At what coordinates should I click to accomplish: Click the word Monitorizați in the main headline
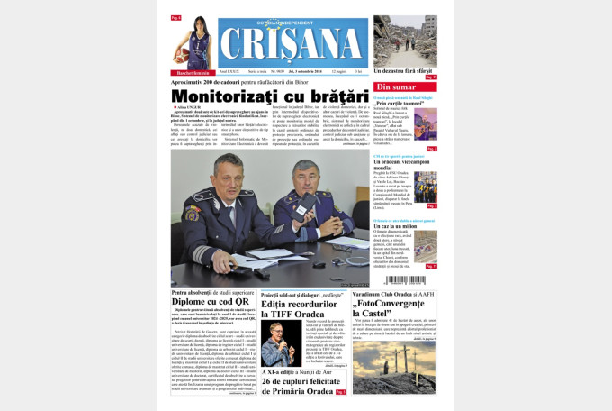pyautogui.click(x=224, y=96)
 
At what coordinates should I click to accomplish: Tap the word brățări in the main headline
pyautogui.click(x=330, y=96)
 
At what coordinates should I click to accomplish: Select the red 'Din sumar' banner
pyautogui.click(x=404, y=87)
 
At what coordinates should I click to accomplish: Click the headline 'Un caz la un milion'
pyautogui.click(x=392, y=225)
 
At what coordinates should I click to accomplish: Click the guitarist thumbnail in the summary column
pyautogui.click(x=425, y=123)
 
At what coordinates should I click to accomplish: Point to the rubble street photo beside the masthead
pyautogui.click(x=405, y=40)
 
